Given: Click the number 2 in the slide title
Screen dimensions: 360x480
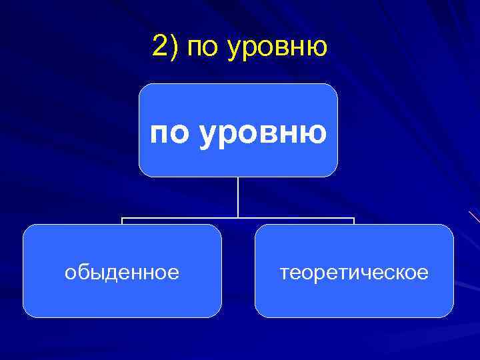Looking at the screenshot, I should pyautogui.click(x=160, y=47).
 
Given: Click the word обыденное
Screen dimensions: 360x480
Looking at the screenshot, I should pyautogui.click(x=122, y=273).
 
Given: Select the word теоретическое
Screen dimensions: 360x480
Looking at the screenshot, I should pyautogui.click(x=354, y=273).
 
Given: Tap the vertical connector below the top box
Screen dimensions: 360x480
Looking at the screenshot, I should pyautogui.click(x=238, y=197).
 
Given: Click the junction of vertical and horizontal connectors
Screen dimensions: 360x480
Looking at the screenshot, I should pyautogui.click(x=238, y=217).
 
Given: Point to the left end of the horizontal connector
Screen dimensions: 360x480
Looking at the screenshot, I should pyautogui.click(x=122, y=218).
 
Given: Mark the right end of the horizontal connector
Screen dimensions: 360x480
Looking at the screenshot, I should pyautogui.click(x=354, y=218).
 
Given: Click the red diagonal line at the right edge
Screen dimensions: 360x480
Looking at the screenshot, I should pyautogui.click(x=474, y=216).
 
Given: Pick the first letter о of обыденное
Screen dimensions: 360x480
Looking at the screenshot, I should pyautogui.click(x=69, y=273).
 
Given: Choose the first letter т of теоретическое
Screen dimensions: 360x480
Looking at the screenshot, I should pyautogui.click(x=284, y=273).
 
